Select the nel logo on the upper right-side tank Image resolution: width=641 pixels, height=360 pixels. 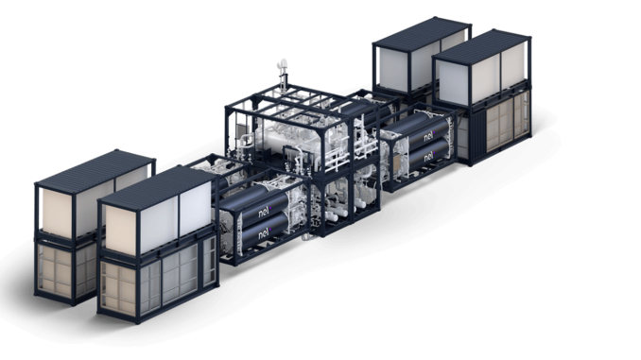point(429,136)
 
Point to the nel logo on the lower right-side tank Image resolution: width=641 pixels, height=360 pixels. point(429,156)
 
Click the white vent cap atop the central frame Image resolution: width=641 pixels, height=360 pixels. point(282,63)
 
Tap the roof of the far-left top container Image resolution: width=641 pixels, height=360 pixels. point(95,170)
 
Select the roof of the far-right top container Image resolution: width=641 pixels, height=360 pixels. point(481,46)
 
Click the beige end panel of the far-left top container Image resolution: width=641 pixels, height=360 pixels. point(57,213)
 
